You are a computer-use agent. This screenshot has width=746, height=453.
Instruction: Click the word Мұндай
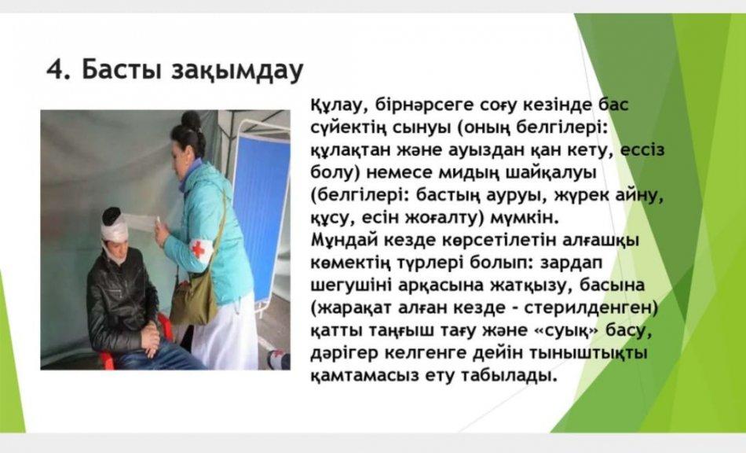tap(342, 240)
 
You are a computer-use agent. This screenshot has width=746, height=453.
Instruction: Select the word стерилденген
tap(591, 308)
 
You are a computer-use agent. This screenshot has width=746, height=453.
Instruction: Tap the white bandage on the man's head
tap(115, 229)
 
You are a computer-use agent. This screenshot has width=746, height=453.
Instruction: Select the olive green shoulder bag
tap(193, 299)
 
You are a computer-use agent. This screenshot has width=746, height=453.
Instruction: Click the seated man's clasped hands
tap(151, 339)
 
